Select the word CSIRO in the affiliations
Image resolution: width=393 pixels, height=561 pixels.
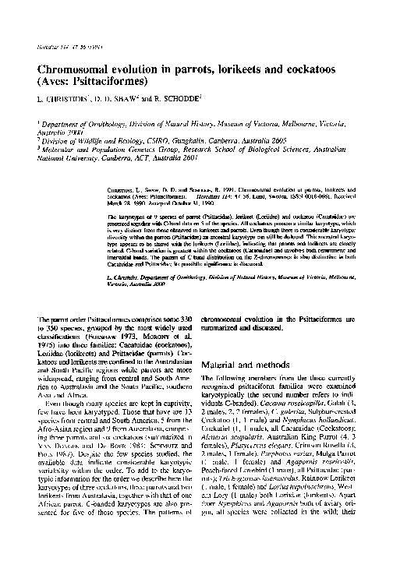[143, 135]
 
